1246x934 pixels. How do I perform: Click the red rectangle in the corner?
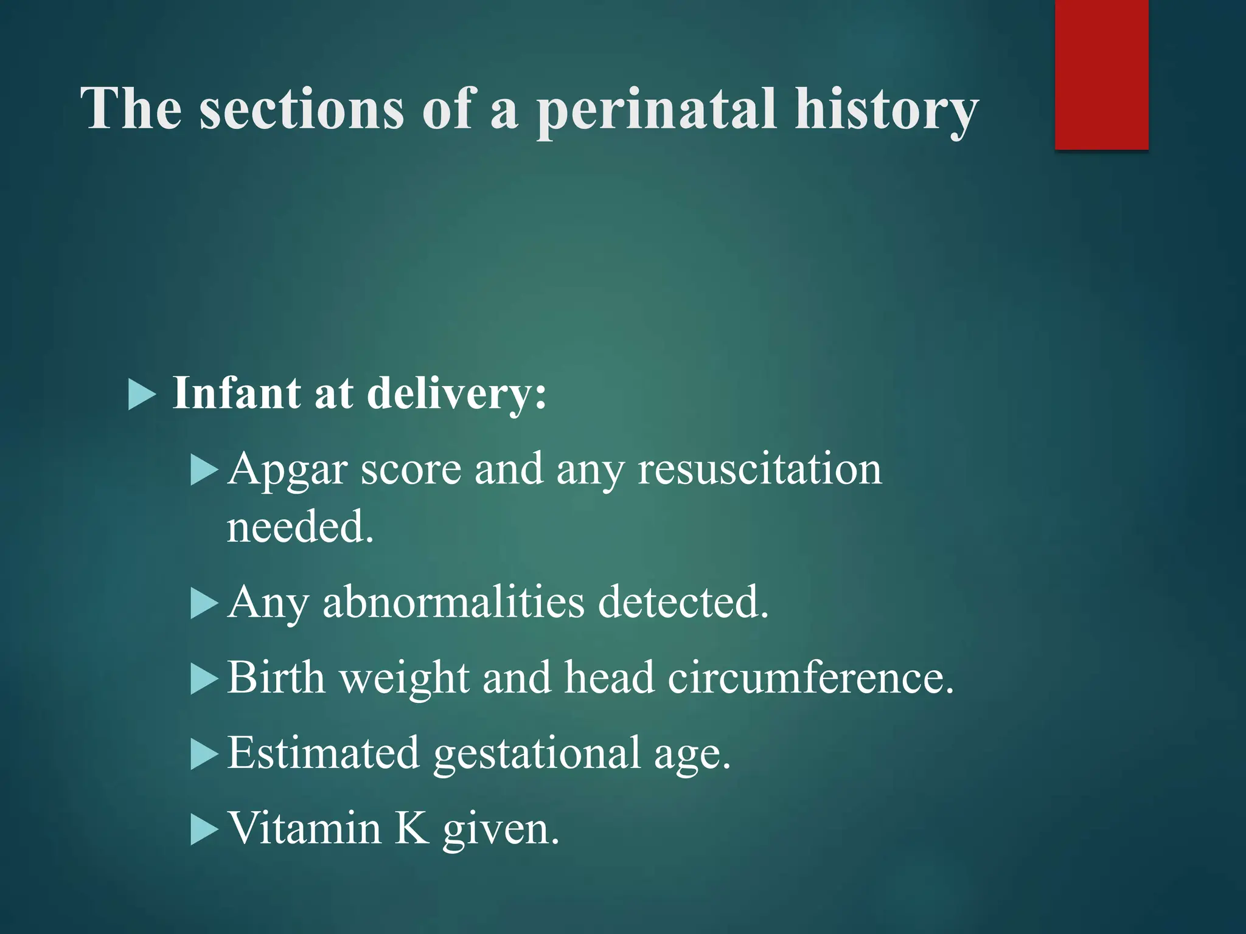pyautogui.click(x=1101, y=74)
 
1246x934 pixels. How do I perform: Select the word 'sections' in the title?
pyautogui.click(x=302, y=109)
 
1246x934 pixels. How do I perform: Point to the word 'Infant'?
pyautogui.click(x=237, y=393)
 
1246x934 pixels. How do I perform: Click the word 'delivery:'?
pyautogui.click(x=457, y=394)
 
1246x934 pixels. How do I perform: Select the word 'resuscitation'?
pyautogui.click(x=759, y=469)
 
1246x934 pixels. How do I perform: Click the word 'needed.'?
pyautogui.click(x=300, y=527)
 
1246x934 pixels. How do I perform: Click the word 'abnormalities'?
pyautogui.click(x=453, y=602)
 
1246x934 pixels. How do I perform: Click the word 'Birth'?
pyautogui.click(x=276, y=677)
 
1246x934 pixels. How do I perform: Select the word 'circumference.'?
pyautogui.click(x=810, y=677)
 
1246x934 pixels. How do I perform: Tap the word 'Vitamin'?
pyautogui.click(x=304, y=828)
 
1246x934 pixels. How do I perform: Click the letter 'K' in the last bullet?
pyautogui.click(x=412, y=828)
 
